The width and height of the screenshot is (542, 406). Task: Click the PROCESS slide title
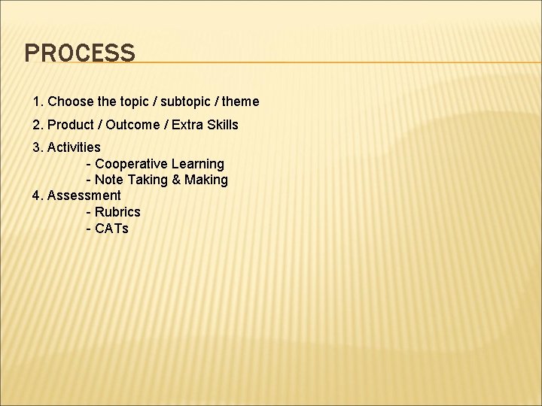tap(80, 53)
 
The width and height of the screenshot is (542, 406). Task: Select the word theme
tap(240, 101)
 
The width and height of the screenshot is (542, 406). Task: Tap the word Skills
tap(223, 125)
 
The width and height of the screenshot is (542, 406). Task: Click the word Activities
tap(74, 147)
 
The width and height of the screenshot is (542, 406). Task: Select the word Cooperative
tap(133, 164)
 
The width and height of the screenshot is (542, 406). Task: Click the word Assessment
tap(84, 196)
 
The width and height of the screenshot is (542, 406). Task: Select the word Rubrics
tap(117, 213)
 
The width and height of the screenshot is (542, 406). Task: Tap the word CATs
tap(111, 229)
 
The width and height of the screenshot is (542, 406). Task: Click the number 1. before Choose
tap(38, 101)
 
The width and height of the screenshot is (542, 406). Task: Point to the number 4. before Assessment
tap(38, 196)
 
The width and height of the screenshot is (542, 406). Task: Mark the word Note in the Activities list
tap(110, 180)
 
